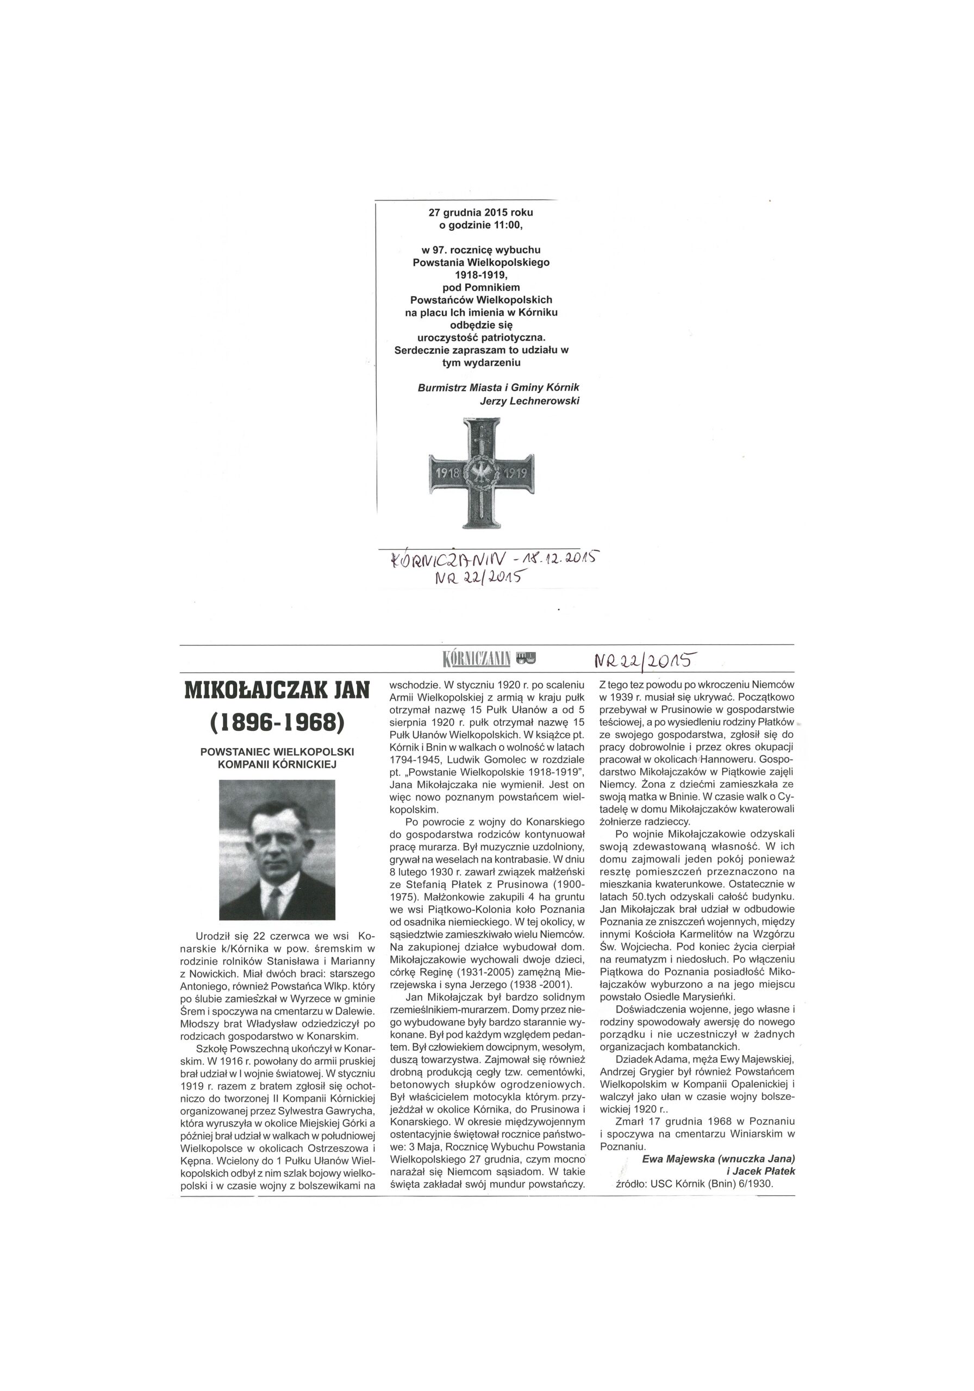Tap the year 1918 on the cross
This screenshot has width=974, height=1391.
[445, 473]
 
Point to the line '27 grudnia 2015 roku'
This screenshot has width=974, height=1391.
[480, 212]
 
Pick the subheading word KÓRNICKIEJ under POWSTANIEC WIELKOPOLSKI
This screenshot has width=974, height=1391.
[276, 764]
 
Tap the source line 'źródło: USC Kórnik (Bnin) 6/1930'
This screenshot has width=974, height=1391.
[695, 759]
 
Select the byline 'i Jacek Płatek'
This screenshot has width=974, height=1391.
[759, 747]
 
